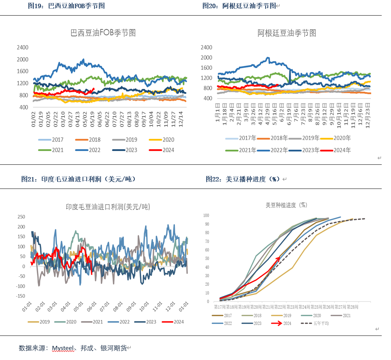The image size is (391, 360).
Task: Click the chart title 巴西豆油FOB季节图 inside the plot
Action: click(x=103, y=33)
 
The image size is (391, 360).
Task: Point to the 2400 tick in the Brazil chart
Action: click(x=23, y=48)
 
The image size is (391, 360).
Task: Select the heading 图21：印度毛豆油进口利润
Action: click(x=78, y=179)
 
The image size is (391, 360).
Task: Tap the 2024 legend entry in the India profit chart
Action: click(x=173, y=322)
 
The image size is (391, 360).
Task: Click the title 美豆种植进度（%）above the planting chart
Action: click(x=287, y=205)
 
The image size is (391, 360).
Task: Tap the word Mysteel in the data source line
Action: click(x=63, y=348)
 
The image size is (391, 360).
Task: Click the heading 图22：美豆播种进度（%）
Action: click(x=243, y=179)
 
